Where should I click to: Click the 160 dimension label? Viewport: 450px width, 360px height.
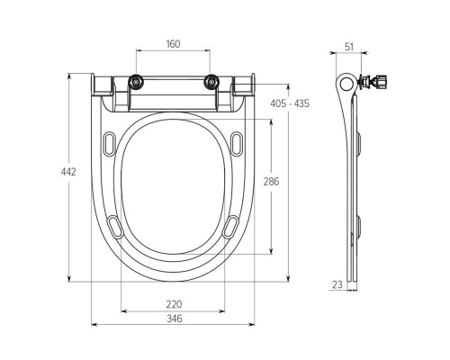click(173, 44)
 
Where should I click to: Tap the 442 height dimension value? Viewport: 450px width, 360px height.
click(68, 172)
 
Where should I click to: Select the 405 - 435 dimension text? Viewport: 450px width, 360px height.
click(290, 103)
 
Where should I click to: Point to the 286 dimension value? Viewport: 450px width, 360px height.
click(271, 181)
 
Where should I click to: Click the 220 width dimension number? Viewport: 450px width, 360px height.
click(174, 304)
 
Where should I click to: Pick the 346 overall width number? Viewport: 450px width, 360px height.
click(174, 318)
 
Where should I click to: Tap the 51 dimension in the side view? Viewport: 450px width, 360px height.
click(349, 47)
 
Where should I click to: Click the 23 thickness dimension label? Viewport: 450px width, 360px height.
click(337, 284)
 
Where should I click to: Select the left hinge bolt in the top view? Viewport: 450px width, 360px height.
click(136, 82)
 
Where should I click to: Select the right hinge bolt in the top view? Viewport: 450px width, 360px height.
click(211, 82)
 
